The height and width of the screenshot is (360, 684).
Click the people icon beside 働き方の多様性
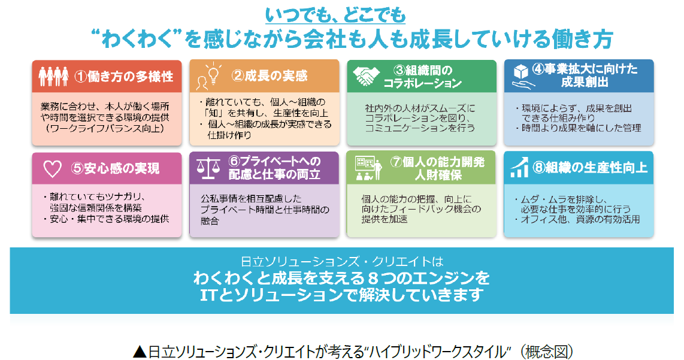click(53, 76)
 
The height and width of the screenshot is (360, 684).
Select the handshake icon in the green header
click(367, 75)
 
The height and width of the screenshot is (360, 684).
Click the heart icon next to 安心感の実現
click(53, 168)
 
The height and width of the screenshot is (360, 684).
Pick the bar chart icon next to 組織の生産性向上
click(519, 168)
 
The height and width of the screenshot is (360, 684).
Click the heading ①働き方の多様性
click(123, 77)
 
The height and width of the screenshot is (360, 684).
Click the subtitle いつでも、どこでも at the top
click(343, 13)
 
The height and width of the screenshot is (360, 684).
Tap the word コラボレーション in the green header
click(423, 83)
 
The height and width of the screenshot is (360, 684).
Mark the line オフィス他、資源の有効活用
click(580, 219)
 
